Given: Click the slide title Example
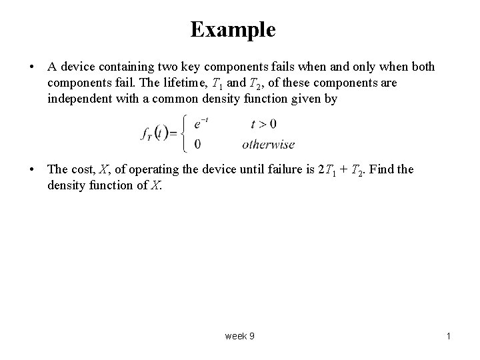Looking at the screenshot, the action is [233, 30].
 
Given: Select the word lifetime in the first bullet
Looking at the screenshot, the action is [185, 83].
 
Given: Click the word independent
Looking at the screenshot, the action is [79, 99].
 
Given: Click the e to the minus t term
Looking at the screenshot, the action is [201, 124].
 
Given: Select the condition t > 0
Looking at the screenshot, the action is [263, 124].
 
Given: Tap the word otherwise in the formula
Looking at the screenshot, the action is [269, 144].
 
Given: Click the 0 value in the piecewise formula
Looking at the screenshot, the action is [197, 144].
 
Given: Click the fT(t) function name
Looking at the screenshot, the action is [155, 134].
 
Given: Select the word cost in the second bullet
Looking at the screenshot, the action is [83, 169].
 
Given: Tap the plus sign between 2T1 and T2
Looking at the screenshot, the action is [343, 169].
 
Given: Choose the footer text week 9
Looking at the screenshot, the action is [240, 336].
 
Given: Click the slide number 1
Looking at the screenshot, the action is [449, 336].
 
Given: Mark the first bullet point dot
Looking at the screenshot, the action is [31, 67].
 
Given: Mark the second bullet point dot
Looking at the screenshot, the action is [31, 169].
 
